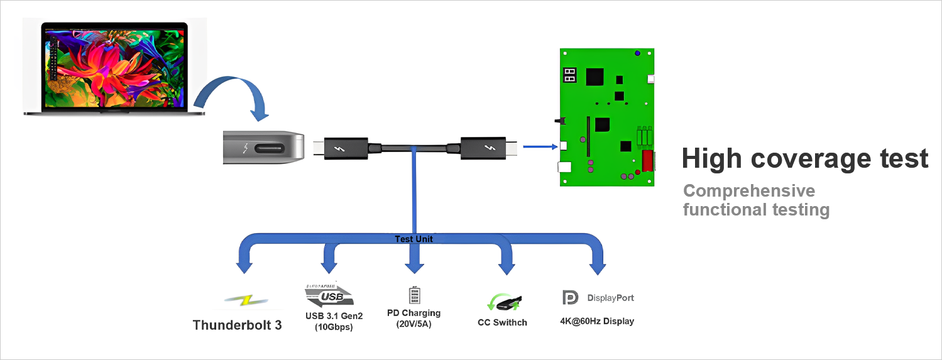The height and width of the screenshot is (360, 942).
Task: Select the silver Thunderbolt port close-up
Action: click(265, 148)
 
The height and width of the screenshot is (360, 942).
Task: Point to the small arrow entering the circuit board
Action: click(540, 147)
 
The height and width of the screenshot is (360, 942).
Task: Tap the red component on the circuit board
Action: click(647, 161)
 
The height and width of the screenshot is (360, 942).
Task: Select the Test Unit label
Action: click(413, 239)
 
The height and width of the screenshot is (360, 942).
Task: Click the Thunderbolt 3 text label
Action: click(237, 325)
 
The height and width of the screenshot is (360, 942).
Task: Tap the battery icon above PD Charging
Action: click(413, 295)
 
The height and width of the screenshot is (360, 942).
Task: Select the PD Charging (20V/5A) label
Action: click(413, 319)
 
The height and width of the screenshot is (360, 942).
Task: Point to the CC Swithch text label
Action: click(502, 323)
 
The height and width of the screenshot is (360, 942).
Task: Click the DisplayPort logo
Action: click(598, 298)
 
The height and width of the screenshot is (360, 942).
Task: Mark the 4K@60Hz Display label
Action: click(597, 321)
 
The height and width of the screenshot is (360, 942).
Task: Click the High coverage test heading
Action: click(805, 159)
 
